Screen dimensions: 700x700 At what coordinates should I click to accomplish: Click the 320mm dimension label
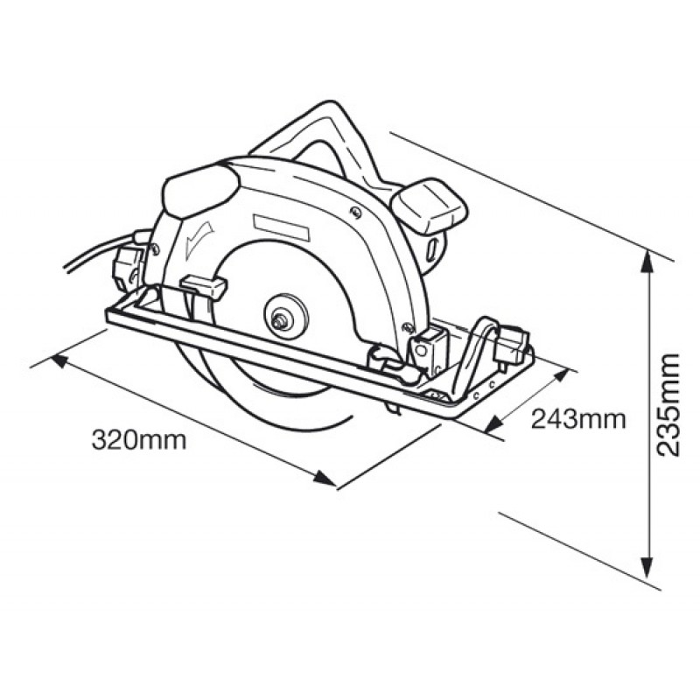[x=139, y=440]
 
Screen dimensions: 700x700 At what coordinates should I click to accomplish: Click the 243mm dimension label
[x=578, y=419]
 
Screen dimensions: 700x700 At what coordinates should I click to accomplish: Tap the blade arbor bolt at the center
[x=279, y=320]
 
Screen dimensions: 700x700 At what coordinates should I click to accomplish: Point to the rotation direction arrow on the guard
[x=198, y=236]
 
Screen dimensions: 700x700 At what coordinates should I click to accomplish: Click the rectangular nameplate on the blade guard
[x=280, y=225]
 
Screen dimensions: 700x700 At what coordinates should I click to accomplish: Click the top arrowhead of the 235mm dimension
[x=647, y=263]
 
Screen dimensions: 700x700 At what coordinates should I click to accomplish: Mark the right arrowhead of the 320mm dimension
[x=325, y=478]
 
